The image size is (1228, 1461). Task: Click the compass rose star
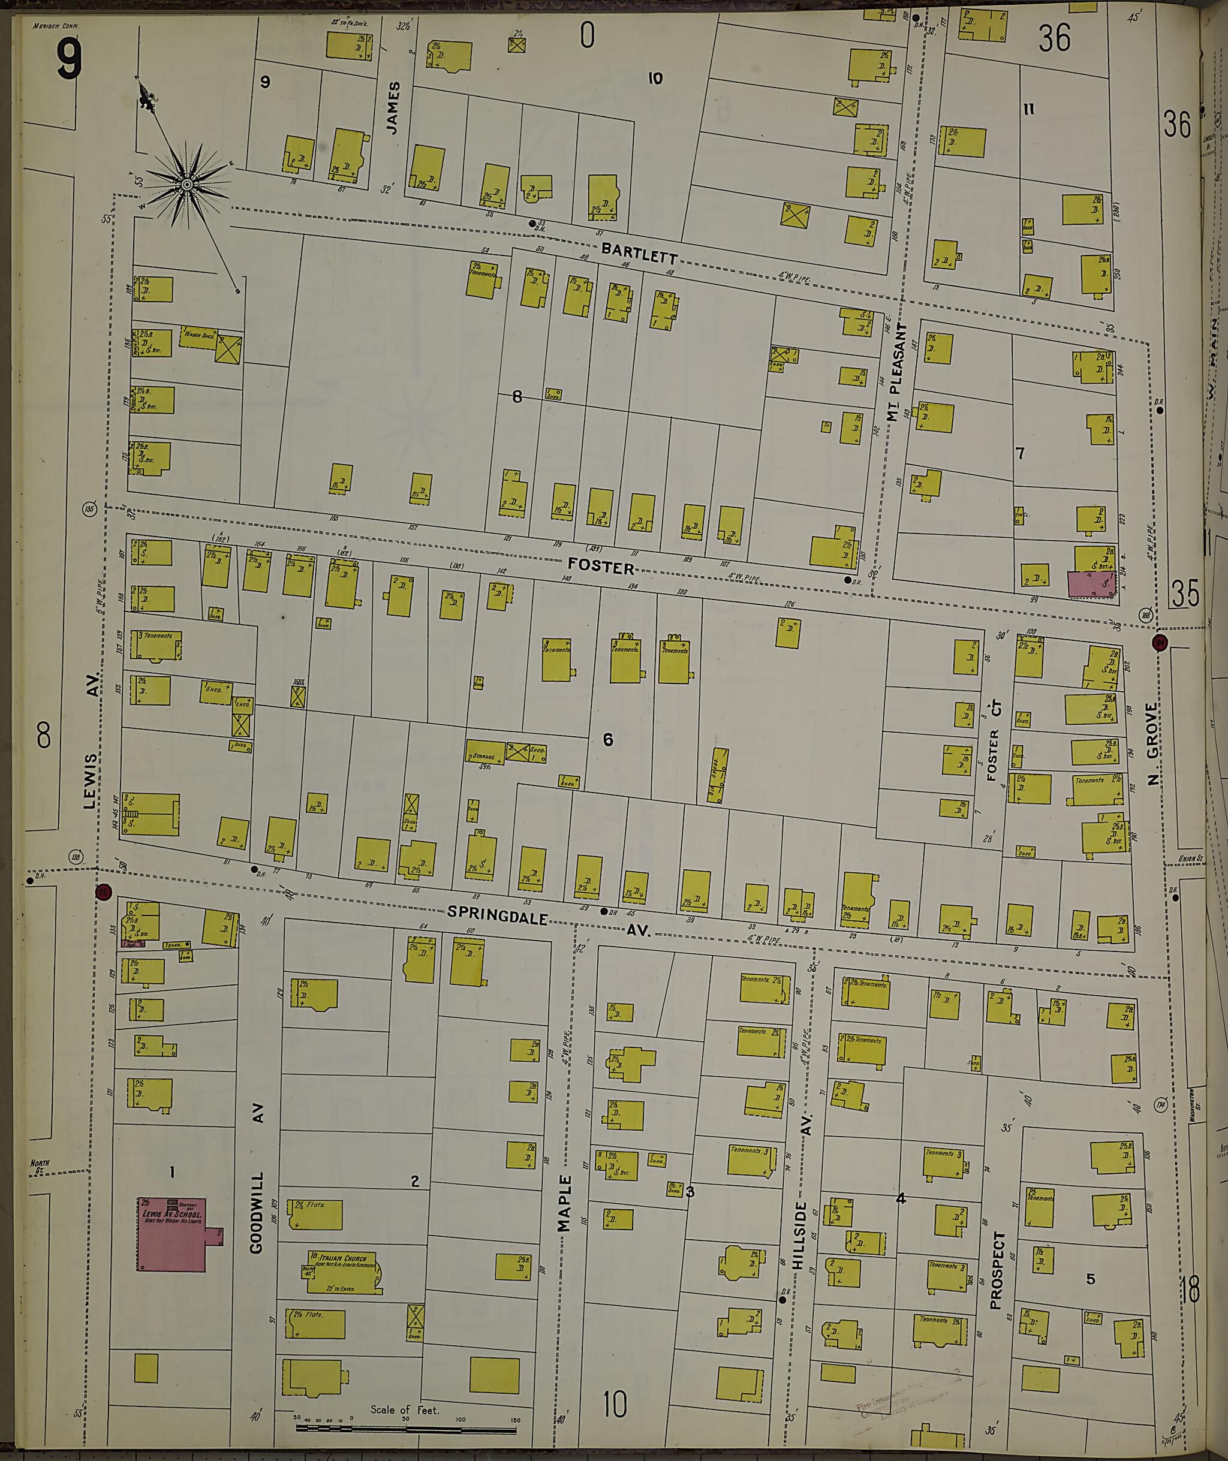pyautogui.click(x=187, y=185)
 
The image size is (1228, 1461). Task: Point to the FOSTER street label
pyautogui.click(x=601, y=567)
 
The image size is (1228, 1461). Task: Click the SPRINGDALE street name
pyautogui.click(x=496, y=913)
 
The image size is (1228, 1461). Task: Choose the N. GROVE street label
pyautogui.click(x=1154, y=743)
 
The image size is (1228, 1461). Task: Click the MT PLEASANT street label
pyautogui.click(x=896, y=373)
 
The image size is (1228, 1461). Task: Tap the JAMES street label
pyautogui.click(x=394, y=108)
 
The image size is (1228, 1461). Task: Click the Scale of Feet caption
pyautogui.click(x=405, y=1409)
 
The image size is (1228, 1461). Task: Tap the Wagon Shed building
pyautogui.click(x=199, y=337)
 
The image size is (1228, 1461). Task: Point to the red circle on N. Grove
pyautogui.click(x=1160, y=641)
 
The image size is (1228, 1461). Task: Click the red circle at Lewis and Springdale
pyautogui.click(x=104, y=891)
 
